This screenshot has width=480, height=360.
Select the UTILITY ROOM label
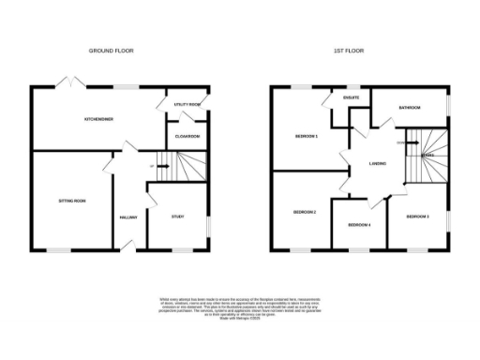tap(188, 104)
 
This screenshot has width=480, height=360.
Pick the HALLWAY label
tap(128, 217)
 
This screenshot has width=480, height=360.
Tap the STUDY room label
tap(177, 217)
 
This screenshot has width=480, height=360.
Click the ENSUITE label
tap(352, 97)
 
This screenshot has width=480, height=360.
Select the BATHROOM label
tap(410, 108)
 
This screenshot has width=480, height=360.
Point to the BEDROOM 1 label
tap(307, 137)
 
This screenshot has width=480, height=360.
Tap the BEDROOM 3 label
tap(418, 217)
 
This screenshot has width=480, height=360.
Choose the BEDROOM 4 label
tap(360, 225)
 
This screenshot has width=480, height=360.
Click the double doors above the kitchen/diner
tap(68, 85)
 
